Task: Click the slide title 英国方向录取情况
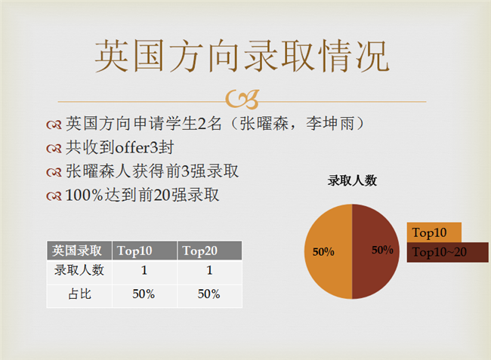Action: click(242, 57)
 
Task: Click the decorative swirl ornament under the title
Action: click(242, 100)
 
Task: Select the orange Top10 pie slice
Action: click(328, 251)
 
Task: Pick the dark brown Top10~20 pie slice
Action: click(375, 251)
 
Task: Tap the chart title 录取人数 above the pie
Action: click(352, 180)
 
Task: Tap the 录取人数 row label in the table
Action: click(79, 270)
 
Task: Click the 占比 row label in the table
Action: click(79, 294)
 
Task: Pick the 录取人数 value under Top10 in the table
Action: click(144, 270)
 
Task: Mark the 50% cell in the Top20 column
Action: click(208, 294)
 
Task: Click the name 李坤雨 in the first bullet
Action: click(330, 124)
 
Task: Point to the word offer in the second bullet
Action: click(132, 147)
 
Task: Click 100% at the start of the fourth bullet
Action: click(84, 195)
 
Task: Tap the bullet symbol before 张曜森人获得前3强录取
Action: click(54, 172)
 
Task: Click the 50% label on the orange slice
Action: click(323, 252)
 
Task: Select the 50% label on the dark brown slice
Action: click(382, 250)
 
